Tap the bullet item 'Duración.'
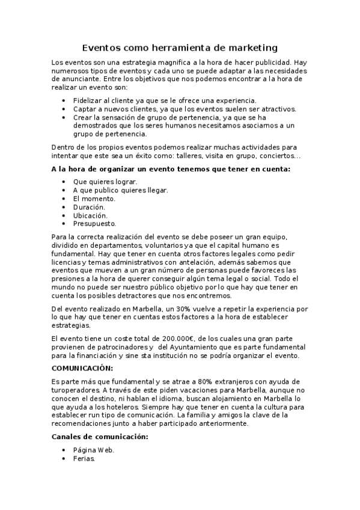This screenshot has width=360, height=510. click(x=89, y=206)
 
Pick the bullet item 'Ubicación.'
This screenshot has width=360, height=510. click(x=90, y=215)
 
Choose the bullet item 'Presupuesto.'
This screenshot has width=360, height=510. click(x=94, y=223)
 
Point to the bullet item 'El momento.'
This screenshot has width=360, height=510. click(x=94, y=198)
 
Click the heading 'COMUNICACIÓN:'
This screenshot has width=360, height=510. click(x=82, y=367)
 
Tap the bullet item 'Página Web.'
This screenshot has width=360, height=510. click(x=94, y=450)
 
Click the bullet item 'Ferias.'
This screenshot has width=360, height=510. click(x=84, y=458)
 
